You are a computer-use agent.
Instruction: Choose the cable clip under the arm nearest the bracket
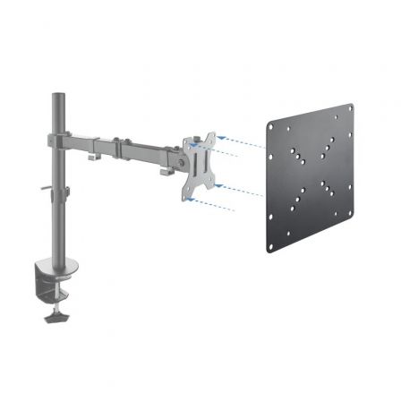[x=167, y=169]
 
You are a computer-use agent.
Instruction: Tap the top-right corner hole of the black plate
[x=350, y=109]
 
